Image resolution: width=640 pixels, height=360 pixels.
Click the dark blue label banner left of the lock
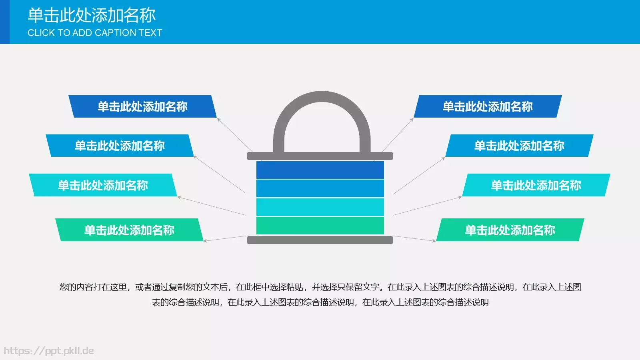pos(142,106)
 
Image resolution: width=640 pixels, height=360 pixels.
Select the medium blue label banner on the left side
pos(120,146)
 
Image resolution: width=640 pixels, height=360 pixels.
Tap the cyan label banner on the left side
pos(103,185)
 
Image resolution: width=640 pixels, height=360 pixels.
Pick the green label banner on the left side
pos(129,230)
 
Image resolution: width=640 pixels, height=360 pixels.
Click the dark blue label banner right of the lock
pos(488,106)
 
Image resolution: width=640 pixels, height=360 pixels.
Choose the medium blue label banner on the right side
pos(519,146)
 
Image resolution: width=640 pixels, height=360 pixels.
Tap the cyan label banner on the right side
pos(536,185)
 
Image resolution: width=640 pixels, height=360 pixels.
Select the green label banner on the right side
pos(510,230)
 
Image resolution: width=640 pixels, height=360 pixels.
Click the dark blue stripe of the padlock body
pos(320,170)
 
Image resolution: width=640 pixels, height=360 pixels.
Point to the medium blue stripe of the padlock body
pos(320,188)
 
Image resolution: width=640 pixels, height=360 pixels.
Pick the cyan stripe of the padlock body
pos(320,207)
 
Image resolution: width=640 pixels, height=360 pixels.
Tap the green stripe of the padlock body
pos(320,225)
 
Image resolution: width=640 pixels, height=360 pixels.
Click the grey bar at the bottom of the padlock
pos(320,240)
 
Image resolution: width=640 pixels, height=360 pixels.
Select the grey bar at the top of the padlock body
pos(320,156)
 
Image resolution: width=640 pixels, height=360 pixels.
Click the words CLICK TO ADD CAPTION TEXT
pos(95,33)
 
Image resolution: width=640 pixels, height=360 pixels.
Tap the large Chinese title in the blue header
pos(92,15)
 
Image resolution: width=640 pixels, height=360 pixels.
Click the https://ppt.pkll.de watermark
pos(49,351)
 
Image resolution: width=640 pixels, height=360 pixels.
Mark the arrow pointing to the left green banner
pos(225,238)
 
